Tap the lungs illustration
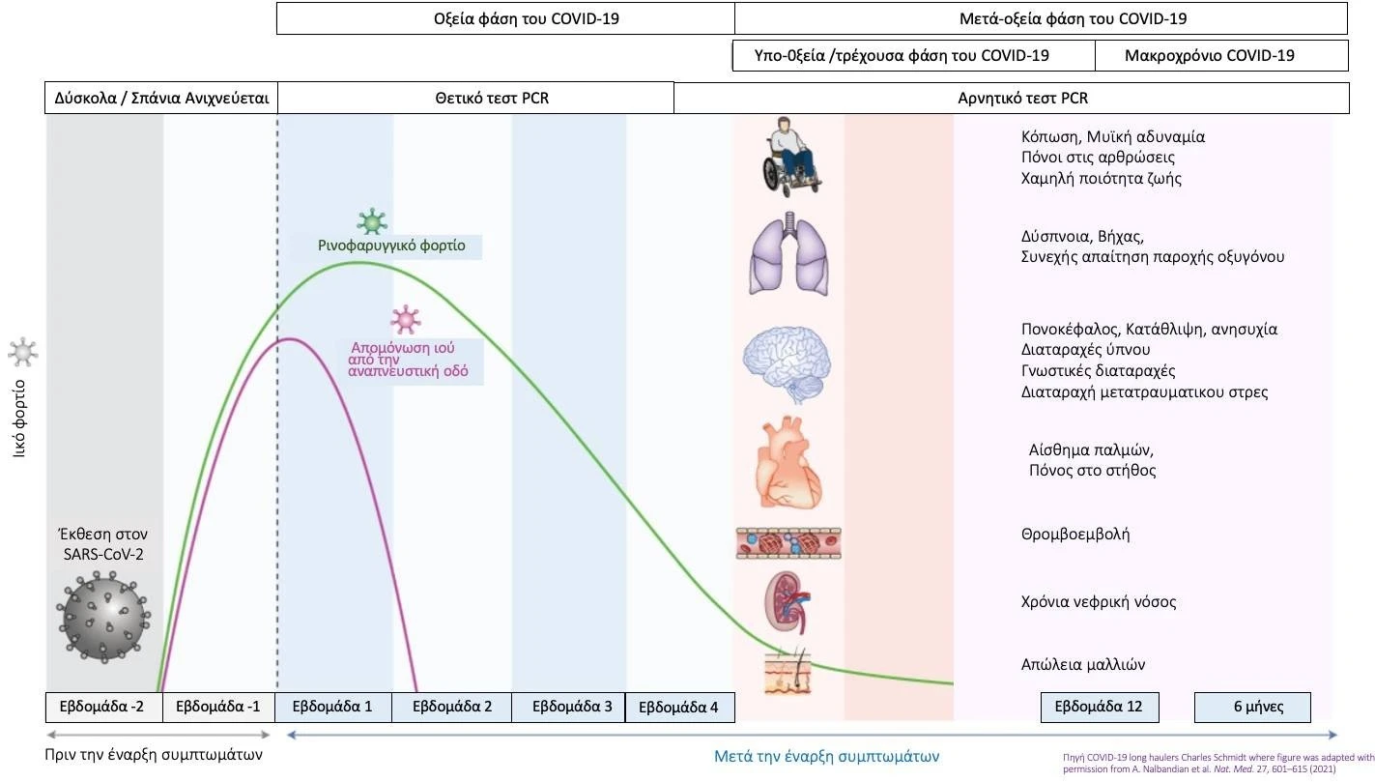[x=790, y=254]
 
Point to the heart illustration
[x=788, y=464]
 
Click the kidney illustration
[x=788, y=601]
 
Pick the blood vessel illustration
[x=788, y=543]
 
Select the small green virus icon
[x=372, y=222]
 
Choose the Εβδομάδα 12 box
[x=1099, y=707]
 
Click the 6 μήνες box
[x=1252, y=707]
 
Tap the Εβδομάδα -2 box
[x=103, y=707]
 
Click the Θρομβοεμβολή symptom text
[x=1075, y=534]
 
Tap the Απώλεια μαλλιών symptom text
[x=1082, y=664]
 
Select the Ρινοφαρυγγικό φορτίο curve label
[x=391, y=246]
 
